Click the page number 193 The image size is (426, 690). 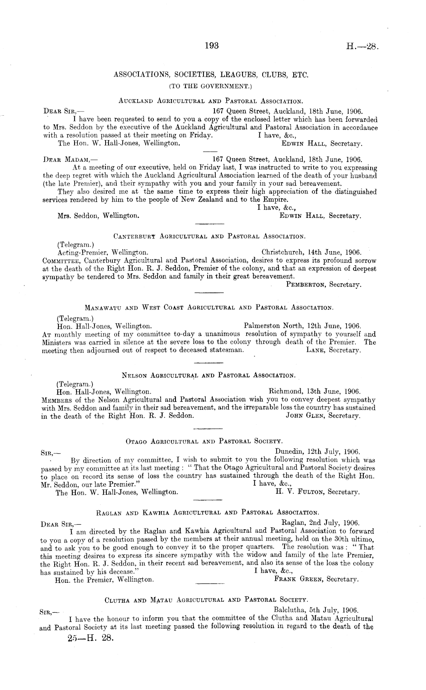click(211, 46)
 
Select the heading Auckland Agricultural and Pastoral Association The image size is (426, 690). click(211, 101)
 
